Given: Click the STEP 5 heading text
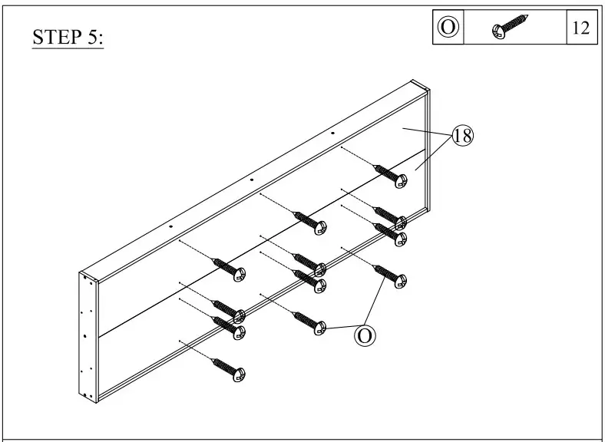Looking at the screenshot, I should click(x=68, y=38).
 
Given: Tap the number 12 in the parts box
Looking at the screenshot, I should click(x=580, y=28).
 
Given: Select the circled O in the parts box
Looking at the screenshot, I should click(x=449, y=28).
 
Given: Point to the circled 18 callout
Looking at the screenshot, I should click(x=463, y=136).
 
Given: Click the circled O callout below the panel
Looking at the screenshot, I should click(x=365, y=335).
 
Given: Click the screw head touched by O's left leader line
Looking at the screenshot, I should click(x=320, y=328).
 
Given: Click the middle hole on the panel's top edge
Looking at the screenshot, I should click(x=251, y=180).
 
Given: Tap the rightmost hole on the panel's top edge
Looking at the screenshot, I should click(x=332, y=134).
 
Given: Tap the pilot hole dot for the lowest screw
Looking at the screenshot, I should click(x=178, y=340).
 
